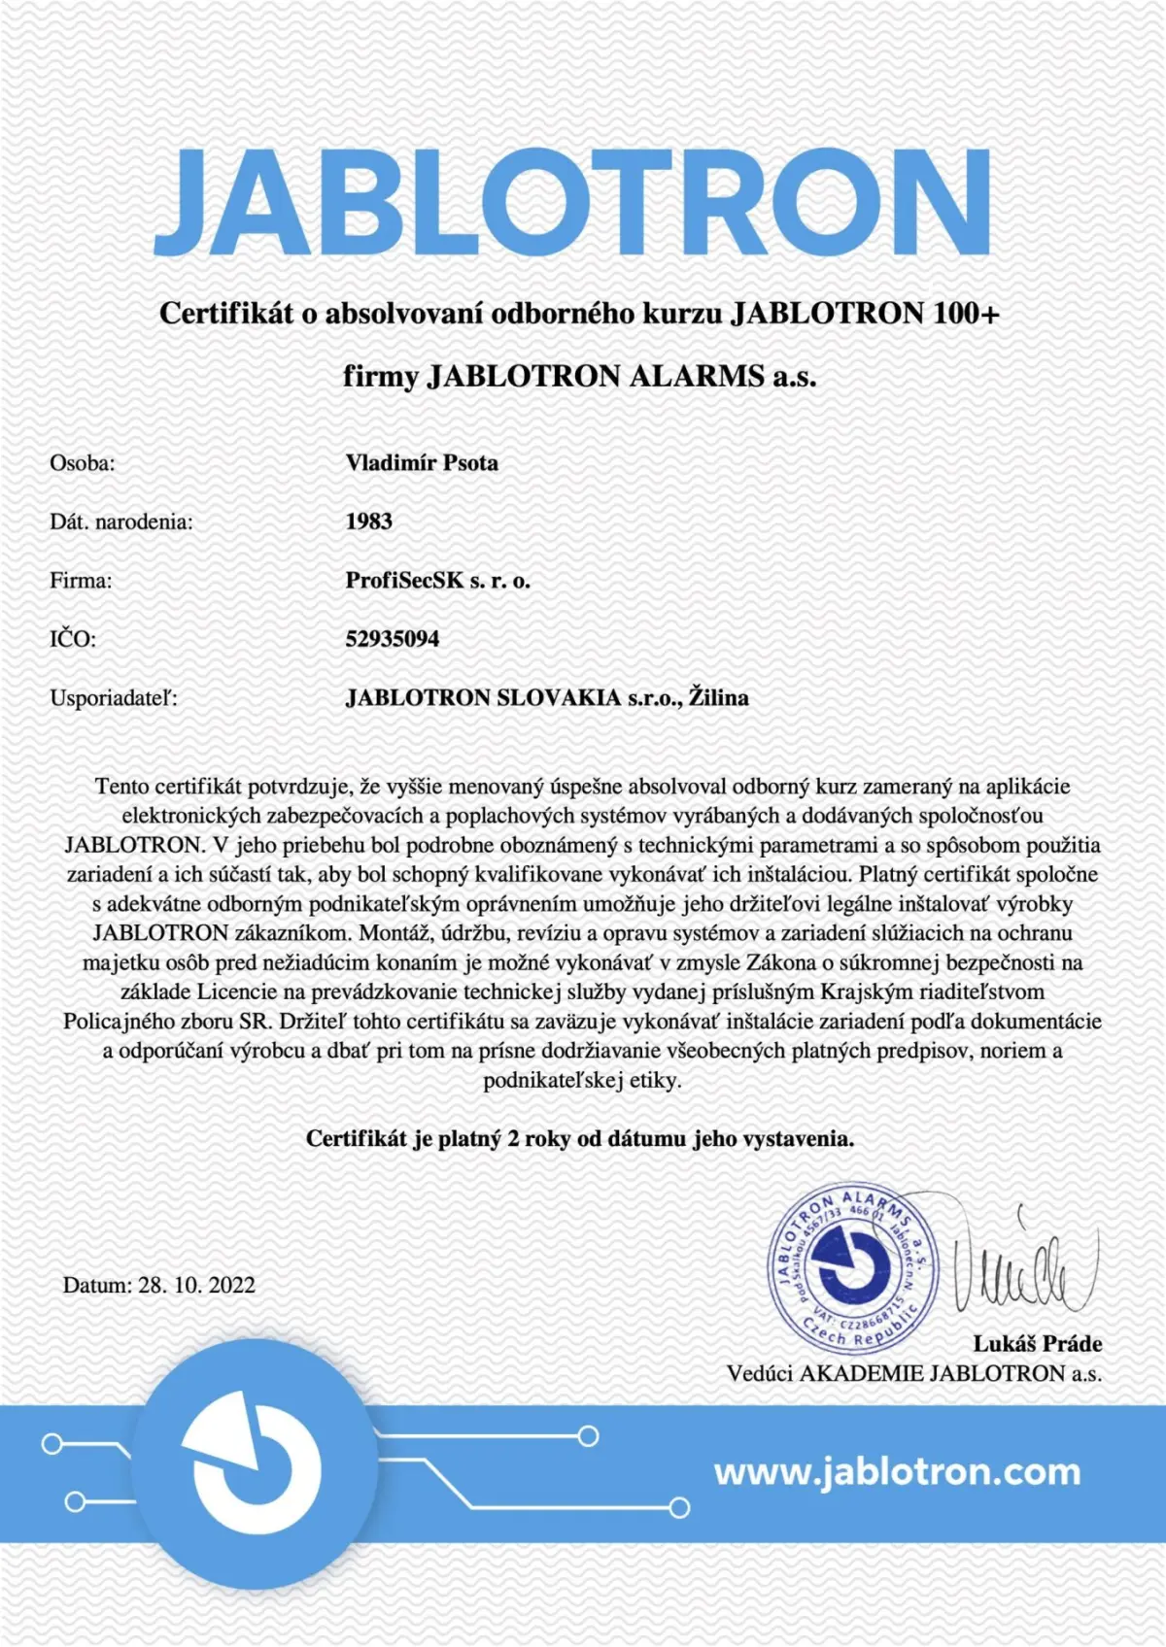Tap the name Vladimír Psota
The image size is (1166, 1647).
[422, 462]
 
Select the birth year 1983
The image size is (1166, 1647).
[369, 521]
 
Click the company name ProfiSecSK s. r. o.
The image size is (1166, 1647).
[438, 581]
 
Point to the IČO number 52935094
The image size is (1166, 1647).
[393, 639]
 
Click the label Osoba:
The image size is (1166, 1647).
[83, 463]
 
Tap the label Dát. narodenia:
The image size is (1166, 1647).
[121, 522]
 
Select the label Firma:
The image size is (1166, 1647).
[81, 581]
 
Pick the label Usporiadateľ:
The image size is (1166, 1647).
[114, 697]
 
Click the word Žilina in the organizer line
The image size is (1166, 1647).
[719, 697]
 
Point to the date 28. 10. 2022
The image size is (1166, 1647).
[196, 1285]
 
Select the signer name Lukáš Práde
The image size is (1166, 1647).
[1038, 1344]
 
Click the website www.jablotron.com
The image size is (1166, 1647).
[897, 1471]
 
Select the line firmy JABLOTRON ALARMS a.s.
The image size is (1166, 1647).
[580, 376]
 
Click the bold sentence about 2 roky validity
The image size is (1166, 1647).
[580, 1138]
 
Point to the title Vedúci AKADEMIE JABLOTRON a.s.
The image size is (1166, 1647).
[914, 1373]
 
